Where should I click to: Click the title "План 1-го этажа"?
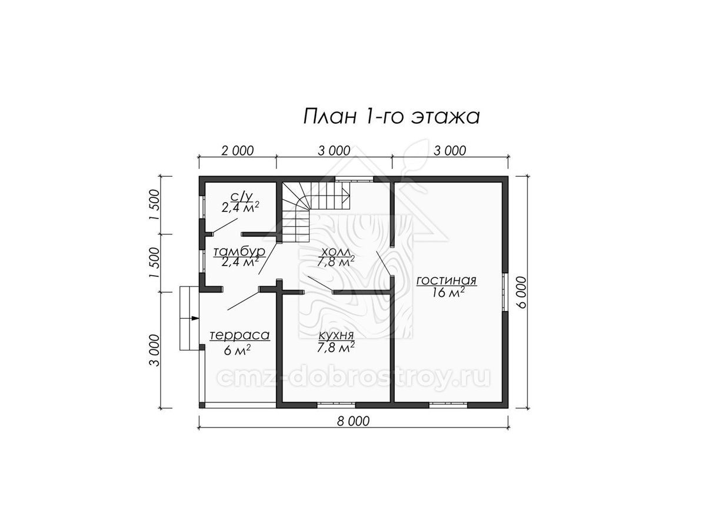(x=391, y=117)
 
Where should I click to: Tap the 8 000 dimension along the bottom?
(x=353, y=421)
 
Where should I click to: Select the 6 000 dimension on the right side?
(x=522, y=293)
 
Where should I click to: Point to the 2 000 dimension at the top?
(x=237, y=151)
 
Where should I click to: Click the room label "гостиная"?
(x=447, y=281)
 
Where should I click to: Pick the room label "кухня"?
(x=336, y=335)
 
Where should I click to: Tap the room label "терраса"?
(x=239, y=335)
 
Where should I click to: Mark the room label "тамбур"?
(x=239, y=251)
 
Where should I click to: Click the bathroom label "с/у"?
(x=239, y=196)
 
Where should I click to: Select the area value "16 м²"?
(x=448, y=293)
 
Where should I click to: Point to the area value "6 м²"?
(x=237, y=350)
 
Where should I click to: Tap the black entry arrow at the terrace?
(x=195, y=318)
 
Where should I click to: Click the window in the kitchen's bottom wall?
(x=337, y=405)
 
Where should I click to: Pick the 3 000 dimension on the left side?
(x=155, y=350)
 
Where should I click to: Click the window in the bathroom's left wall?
(x=202, y=207)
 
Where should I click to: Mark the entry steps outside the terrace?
(x=189, y=318)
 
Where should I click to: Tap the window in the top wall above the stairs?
(x=354, y=179)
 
